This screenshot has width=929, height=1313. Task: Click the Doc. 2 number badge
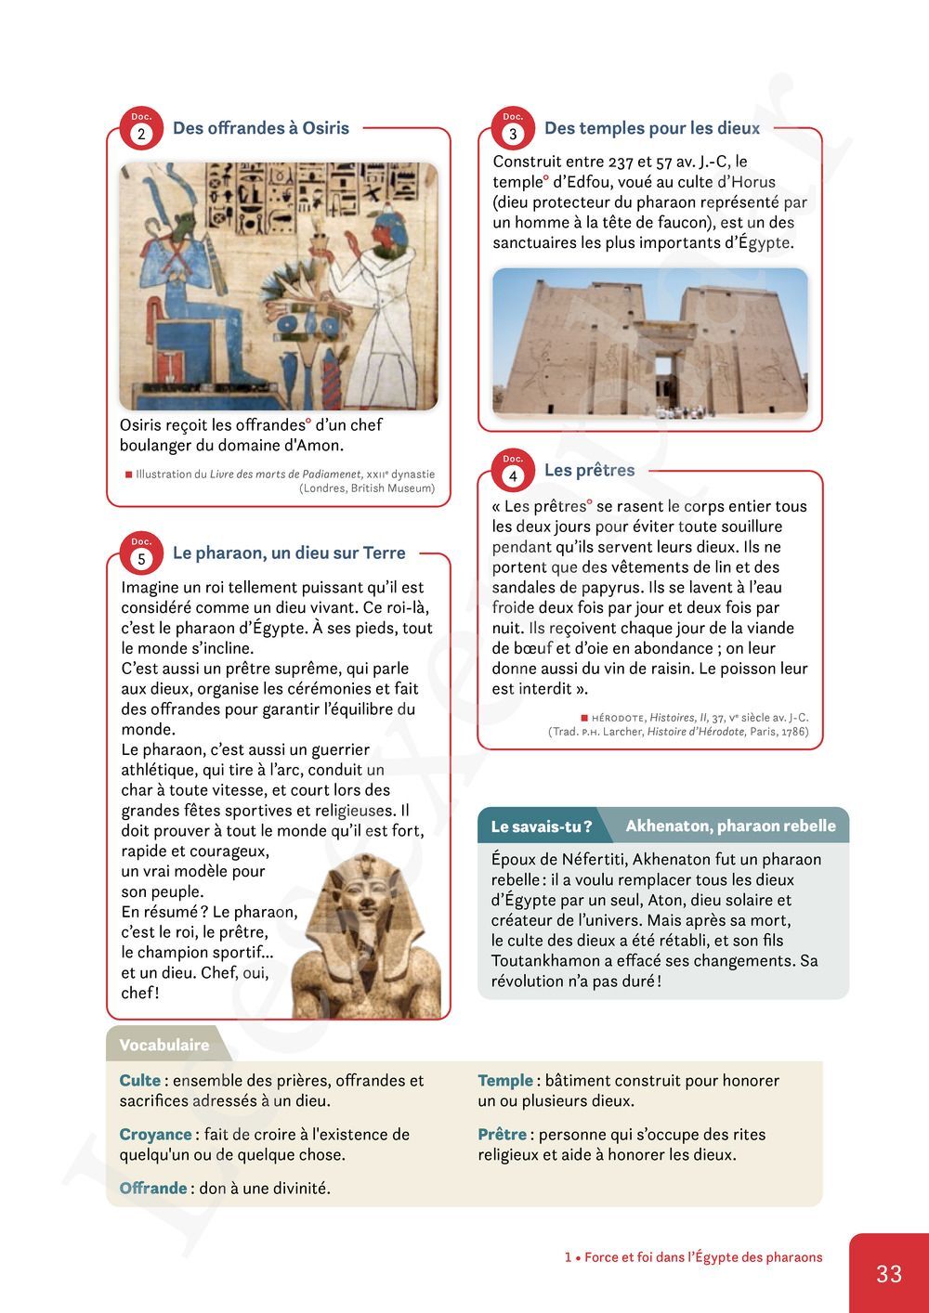pyautogui.click(x=141, y=133)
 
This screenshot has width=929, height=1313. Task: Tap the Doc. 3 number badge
pyautogui.click(x=513, y=133)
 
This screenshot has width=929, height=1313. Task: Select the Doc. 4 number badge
pyautogui.click(x=513, y=475)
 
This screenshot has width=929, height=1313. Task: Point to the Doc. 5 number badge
pyautogui.click(x=141, y=558)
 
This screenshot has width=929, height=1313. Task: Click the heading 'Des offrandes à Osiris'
pyautogui.click(x=261, y=128)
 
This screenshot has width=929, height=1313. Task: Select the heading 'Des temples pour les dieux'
pyautogui.click(x=651, y=128)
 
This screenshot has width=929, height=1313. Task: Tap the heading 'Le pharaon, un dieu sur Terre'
pyautogui.click(x=289, y=552)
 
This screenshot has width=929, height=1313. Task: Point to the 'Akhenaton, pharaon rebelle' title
pyautogui.click(x=730, y=825)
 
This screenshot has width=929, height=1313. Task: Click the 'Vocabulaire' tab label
pyautogui.click(x=164, y=1045)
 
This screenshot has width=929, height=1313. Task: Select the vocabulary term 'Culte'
pyautogui.click(x=140, y=1080)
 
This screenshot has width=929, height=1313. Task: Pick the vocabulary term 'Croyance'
pyautogui.click(x=155, y=1134)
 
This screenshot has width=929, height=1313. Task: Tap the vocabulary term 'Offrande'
pyautogui.click(x=153, y=1188)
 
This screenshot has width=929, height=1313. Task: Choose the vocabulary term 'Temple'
pyautogui.click(x=505, y=1080)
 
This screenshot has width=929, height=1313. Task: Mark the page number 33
pyautogui.click(x=889, y=1273)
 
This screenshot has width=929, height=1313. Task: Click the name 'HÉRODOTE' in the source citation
pyautogui.click(x=618, y=718)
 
